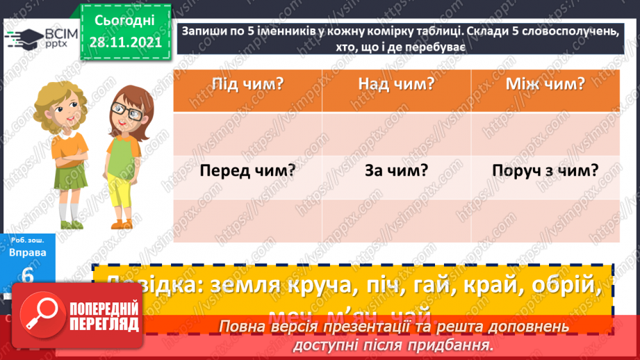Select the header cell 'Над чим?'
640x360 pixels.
point(396,85)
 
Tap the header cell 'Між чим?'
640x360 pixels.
point(545,85)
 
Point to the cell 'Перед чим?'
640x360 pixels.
point(247,171)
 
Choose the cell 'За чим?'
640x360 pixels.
point(396,171)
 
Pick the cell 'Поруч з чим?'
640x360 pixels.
point(545,171)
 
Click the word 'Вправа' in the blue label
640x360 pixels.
point(28,252)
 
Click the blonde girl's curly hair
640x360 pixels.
point(51,97)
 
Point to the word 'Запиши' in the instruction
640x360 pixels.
point(206,33)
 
